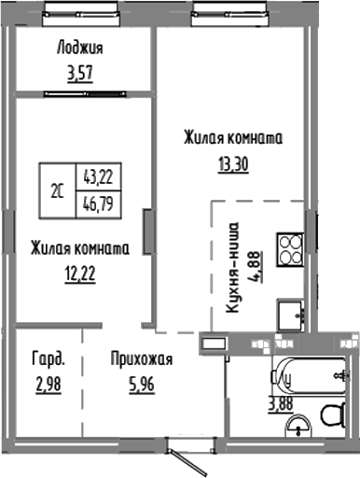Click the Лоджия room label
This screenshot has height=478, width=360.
click(x=79, y=49)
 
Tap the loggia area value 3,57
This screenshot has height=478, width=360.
click(x=79, y=72)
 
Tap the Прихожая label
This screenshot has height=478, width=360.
click(x=141, y=358)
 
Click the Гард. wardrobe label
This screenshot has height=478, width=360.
click(x=48, y=358)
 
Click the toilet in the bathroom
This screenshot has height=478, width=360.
click(x=332, y=414)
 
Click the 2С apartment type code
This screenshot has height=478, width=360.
click(x=58, y=190)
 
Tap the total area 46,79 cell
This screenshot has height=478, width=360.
click(x=99, y=202)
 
